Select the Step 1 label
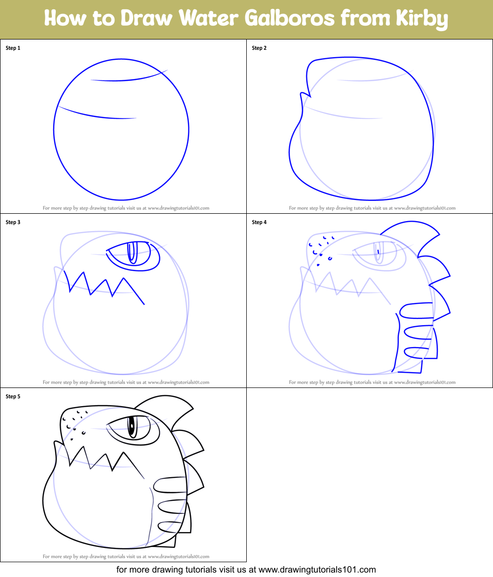coord(13,48)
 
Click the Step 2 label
coord(259,48)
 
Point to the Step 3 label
coord(13,223)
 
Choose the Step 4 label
coord(259,223)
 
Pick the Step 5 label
coord(13,396)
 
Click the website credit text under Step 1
coord(126,208)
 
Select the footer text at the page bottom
coord(246,570)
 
